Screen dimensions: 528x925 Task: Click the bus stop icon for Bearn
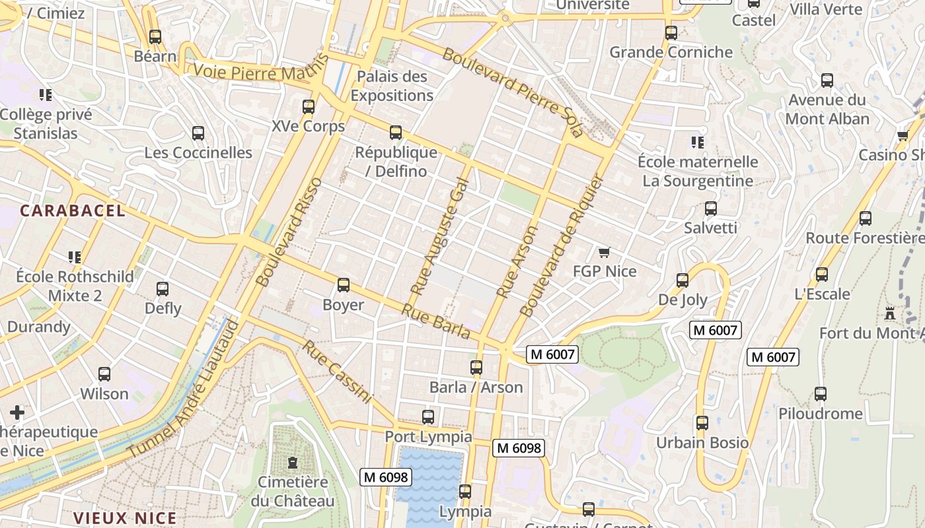coord(155,37)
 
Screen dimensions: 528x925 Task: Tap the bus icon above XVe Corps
coord(308,107)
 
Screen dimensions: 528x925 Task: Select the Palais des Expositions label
coord(392,86)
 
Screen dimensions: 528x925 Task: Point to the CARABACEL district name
coord(73,211)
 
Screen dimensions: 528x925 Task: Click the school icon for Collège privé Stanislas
coord(46,95)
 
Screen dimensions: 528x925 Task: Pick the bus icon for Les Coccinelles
coord(198,133)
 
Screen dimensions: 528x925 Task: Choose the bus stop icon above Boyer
coord(344,285)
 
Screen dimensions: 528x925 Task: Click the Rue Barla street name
coord(436,321)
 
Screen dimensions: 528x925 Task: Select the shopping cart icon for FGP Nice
coord(604,252)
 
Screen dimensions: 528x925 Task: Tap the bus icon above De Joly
coord(683,280)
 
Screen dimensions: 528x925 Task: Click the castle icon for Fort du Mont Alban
coord(890,313)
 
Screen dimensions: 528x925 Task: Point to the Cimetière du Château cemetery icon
coord(292,463)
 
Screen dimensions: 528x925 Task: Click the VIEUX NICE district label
coord(125,518)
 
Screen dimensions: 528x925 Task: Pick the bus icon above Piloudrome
coord(821,394)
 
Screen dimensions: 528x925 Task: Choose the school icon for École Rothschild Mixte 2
coord(75,257)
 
